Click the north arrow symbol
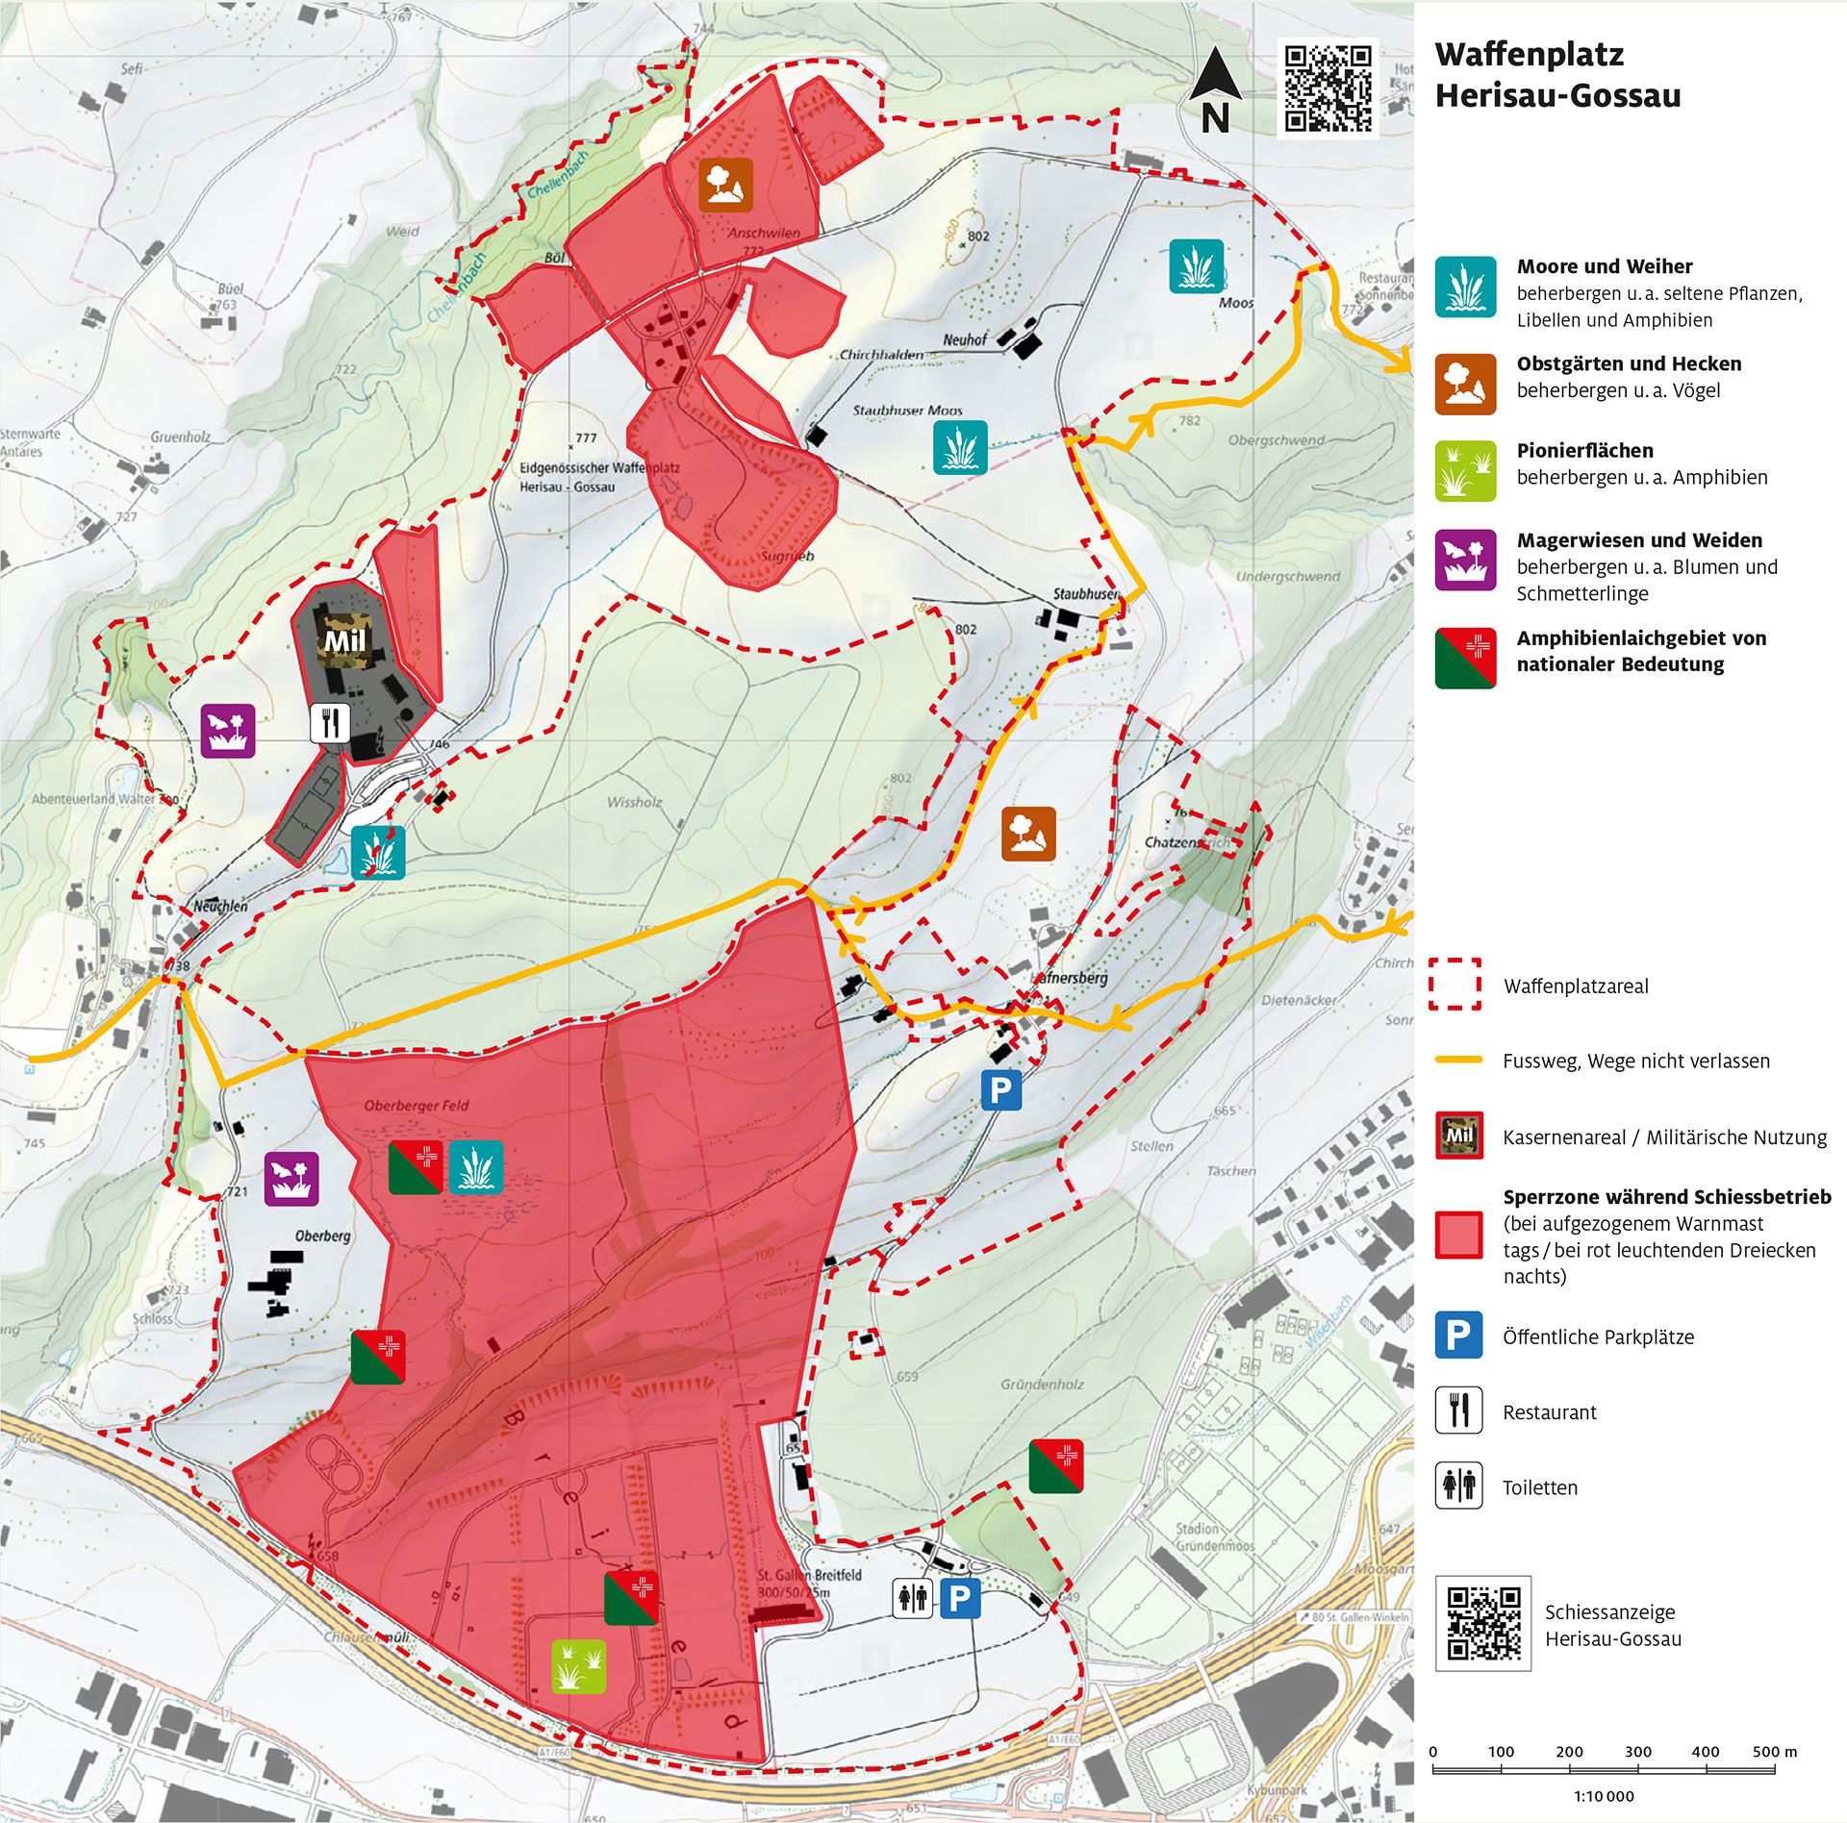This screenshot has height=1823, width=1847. tap(1213, 90)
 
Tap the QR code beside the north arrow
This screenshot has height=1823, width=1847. tap(1328, 87)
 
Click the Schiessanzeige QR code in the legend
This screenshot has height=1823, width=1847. tap(1482, 1624)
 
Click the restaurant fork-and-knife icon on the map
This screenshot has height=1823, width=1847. tap(330, 723)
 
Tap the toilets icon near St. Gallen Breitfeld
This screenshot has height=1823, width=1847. tap(912, 1598)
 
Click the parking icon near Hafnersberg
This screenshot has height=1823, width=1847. tap(1000, 1090)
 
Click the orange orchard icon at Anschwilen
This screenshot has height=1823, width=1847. tap(724, 185)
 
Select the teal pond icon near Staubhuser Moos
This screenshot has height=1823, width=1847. tap(960, 447)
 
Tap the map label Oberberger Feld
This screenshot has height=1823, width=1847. tap(416, 1106)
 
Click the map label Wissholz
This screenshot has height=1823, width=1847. tap(634, 802)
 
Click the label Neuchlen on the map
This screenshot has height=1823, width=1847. tap(220, 906)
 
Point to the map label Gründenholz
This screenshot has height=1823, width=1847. tap(1042, 1385)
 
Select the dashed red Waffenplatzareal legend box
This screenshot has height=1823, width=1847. tap(1455, 984)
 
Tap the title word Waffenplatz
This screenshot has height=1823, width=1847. tap(1529, 55)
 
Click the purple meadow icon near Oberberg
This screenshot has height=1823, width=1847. tap(291, 1178)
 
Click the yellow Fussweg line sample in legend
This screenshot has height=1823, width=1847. tap(1458, 1060)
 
